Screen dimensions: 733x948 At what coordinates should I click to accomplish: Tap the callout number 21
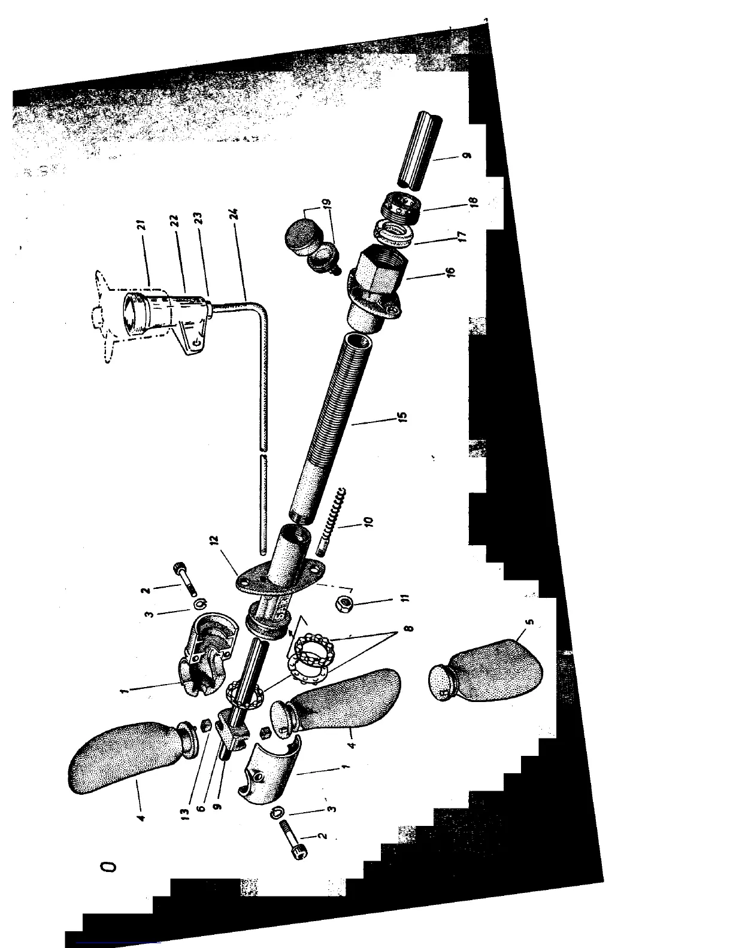click(141, 225)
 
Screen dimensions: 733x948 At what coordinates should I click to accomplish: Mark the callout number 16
click(452, 272)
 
